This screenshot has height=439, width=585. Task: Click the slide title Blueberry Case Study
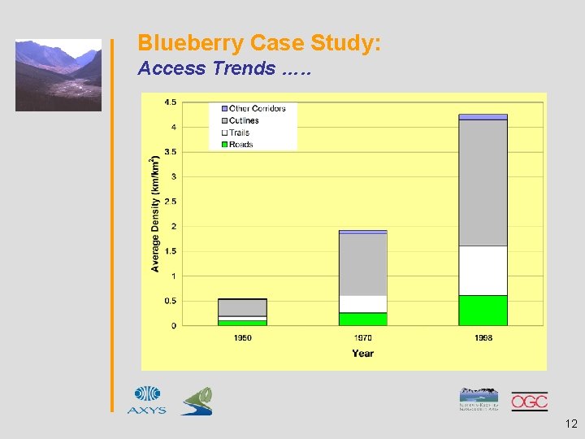pos(258,42)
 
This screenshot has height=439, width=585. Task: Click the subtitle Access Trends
pos(223,68)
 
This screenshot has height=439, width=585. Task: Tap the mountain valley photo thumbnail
pos(58,75)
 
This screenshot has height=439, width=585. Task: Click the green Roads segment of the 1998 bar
pos(483,311)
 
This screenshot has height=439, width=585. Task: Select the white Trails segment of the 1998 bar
pos(483,270)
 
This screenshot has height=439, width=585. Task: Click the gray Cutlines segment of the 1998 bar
pos(483,182)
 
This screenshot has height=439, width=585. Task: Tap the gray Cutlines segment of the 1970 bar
pos(362,264)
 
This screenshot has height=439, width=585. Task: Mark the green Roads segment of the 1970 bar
pos(362,319)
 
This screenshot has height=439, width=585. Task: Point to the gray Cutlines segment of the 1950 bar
pos(242,307)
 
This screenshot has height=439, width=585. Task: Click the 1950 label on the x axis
pos(242,337)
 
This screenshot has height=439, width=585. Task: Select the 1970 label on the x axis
pos(362,337)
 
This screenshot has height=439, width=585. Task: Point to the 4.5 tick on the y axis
pos(171,102)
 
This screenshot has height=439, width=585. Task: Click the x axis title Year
pos(362,354)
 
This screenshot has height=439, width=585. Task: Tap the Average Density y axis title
pos(154,214)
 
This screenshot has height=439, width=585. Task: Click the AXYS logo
pos(147,400)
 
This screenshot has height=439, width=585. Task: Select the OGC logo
pos(529,401)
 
